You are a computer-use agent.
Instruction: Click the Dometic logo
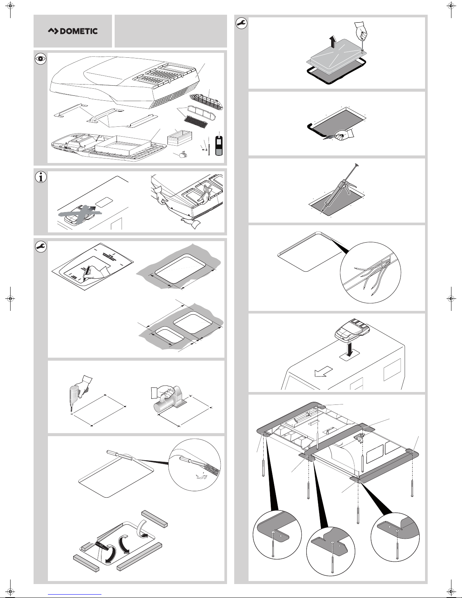pyautogui.click(x=73, y=31)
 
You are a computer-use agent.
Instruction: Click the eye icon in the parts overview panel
pyautogui.click(x=40, y=58)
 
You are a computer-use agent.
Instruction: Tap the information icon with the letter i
pyautogui.click(x=40, y=177)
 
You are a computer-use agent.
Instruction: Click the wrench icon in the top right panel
pyautogui.click(x=241, y=23)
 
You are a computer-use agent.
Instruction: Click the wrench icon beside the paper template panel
pyautogui.click(x=40, y=247)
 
